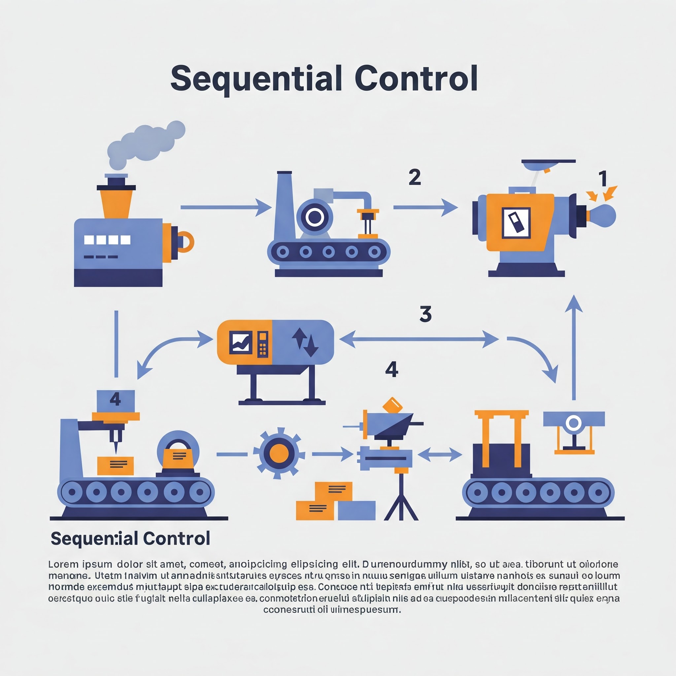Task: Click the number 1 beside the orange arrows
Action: coord(602,179)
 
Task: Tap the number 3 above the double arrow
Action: coord(425,314)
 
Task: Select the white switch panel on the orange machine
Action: coord(516,223)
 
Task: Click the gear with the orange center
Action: coord(279,454)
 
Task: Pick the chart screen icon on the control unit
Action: coord(241,343)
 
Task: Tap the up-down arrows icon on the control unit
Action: coord(305,342)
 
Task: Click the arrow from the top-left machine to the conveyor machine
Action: coord(226,208)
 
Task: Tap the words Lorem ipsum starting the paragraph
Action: coord(80,564)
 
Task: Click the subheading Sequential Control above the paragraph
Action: coord(130,538)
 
